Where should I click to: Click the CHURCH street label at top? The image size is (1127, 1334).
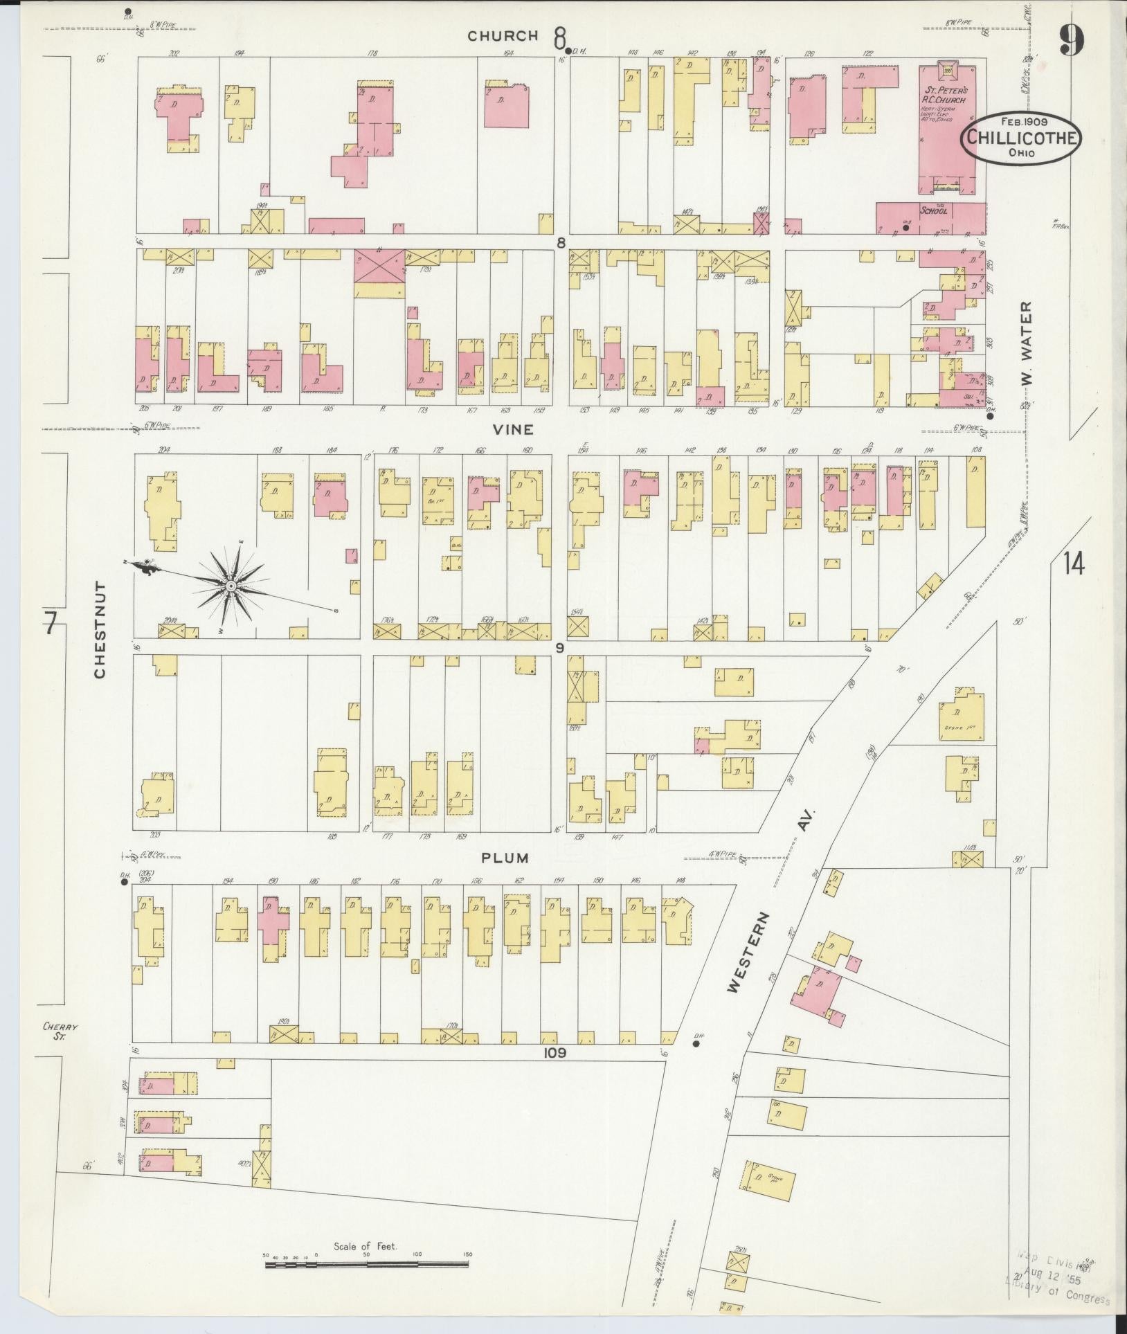503,36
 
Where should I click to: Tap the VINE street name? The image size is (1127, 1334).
513,429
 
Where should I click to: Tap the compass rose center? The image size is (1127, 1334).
229,586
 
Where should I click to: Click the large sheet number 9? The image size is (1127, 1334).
1071,39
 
